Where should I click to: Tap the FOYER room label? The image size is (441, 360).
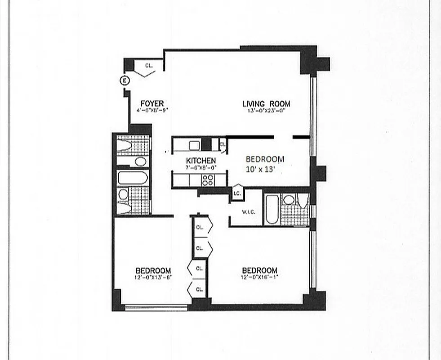(x=152, y=103)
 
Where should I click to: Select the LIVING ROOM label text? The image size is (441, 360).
(x=266, y=104)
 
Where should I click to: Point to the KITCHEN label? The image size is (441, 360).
(x=201, y=161)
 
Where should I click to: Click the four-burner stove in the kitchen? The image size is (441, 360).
(x=207, y=180)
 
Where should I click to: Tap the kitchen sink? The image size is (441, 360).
(x=194, y=145)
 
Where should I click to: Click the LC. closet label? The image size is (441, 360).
(x=237, y=193)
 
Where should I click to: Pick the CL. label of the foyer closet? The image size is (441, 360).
(x=149, y=66)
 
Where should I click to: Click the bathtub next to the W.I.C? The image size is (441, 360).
(x=272, y=209)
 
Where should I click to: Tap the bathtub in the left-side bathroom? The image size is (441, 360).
(x=133, y=178)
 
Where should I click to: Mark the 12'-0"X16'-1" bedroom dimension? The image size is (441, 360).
(x=259, y=277)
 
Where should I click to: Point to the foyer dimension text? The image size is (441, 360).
(x=152, y=110)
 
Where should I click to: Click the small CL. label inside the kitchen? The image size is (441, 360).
(x=222, y=144)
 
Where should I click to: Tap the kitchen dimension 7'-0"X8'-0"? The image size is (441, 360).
(x=201, y=167)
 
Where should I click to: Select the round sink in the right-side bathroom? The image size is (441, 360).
(x=289, y=199)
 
